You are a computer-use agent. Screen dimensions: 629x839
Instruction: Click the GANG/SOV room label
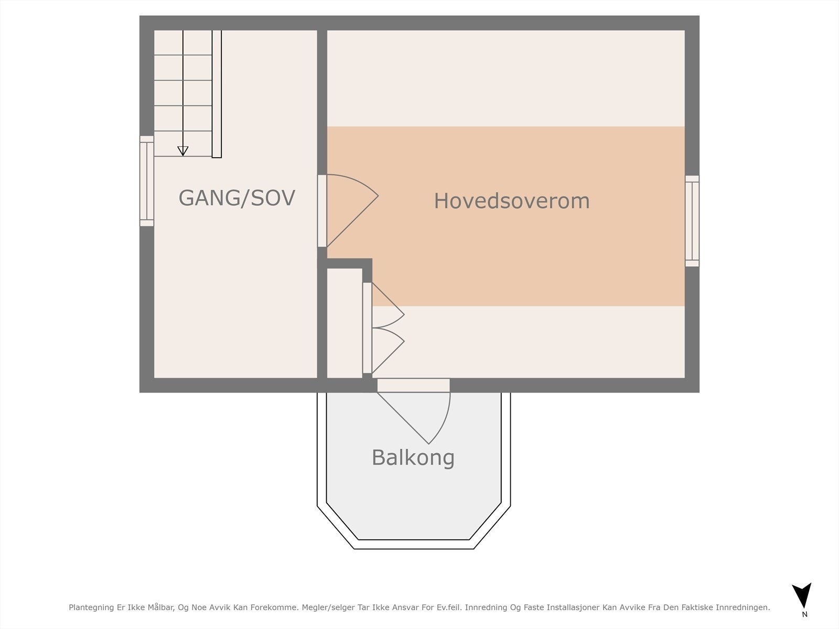pos(236,198)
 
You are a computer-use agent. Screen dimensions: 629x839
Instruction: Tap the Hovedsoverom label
pos(511,201)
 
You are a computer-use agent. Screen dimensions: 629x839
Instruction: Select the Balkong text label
pos(413,458)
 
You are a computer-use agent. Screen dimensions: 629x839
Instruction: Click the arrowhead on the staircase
pos(182,151)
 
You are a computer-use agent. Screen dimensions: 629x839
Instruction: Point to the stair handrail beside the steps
pos(217,94)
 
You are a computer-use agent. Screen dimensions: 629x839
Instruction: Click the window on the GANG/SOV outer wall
pos(147,181)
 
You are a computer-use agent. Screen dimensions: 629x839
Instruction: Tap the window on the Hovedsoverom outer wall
pos(692,221)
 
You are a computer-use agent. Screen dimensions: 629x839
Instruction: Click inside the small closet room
pos(345,322)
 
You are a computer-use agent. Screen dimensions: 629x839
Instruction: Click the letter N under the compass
pos(804,614)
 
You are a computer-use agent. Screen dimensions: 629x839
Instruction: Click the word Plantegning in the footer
pos(91,608)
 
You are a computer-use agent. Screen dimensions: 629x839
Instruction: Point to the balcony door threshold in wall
pos(413,385)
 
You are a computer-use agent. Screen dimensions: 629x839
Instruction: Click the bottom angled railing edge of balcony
pos(414,544)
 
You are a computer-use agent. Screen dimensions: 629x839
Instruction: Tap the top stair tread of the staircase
pos(182,43)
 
